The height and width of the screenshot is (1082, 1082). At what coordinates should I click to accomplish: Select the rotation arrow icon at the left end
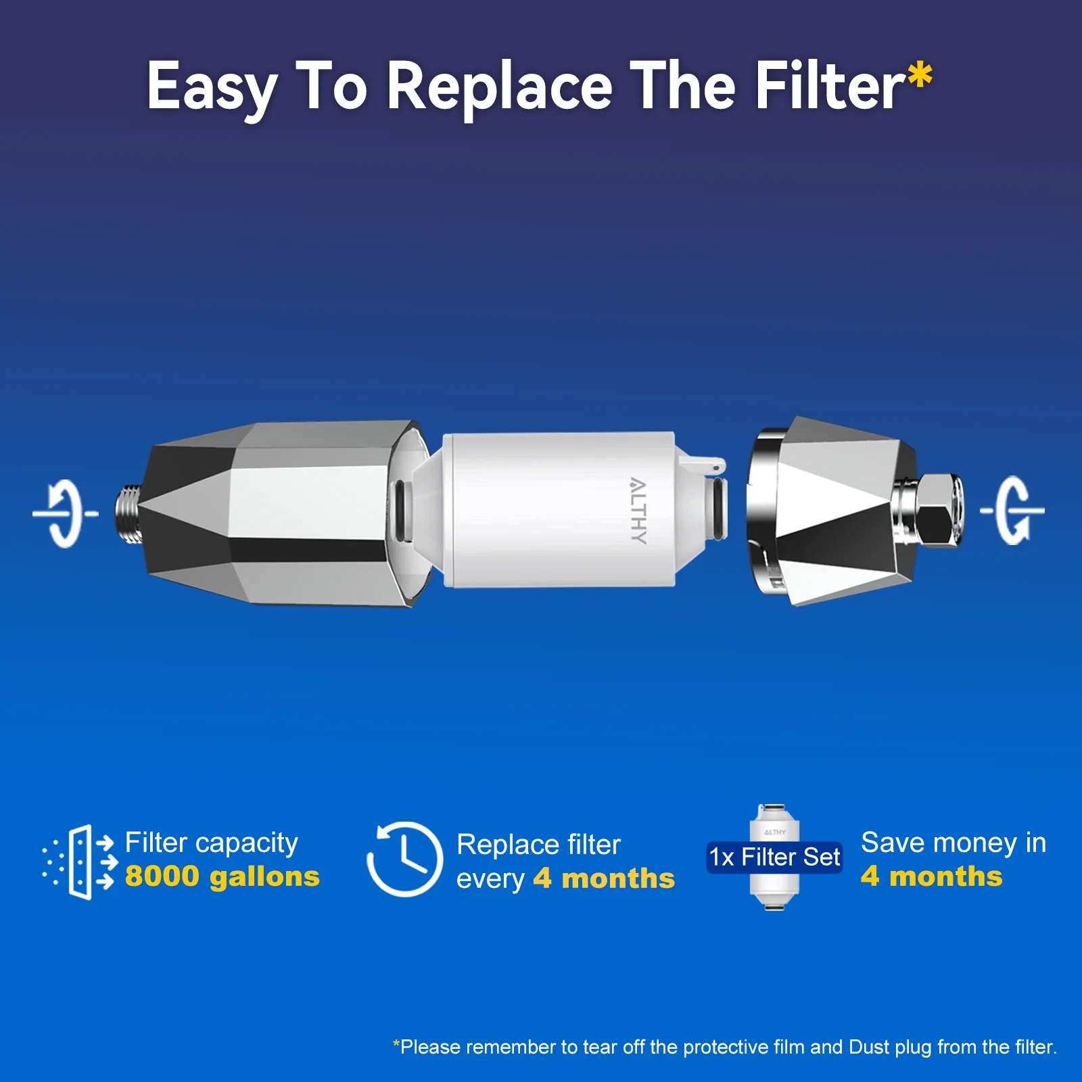point(66,513)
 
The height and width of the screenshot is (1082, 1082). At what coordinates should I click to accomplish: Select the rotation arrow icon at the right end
point(1012,511)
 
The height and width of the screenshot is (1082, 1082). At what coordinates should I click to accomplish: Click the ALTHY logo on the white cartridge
point(638,511)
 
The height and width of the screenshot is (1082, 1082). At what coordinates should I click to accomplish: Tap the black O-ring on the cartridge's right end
point(719,509)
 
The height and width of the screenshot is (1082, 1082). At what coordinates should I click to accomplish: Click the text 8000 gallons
point(222,876)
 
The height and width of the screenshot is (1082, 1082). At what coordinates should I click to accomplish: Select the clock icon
point(405,860)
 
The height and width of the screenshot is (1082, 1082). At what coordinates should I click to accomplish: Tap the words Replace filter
point(538,845)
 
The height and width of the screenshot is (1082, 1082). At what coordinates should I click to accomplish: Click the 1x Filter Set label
point(774,857)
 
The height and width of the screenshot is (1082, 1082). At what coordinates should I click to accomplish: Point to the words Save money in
point(954,843)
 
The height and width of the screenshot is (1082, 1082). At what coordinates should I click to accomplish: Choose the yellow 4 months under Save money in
point(931,876)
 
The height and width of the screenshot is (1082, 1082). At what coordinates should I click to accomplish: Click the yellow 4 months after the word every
point(604,878)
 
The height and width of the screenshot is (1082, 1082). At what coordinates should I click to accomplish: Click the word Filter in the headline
point(830,87)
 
